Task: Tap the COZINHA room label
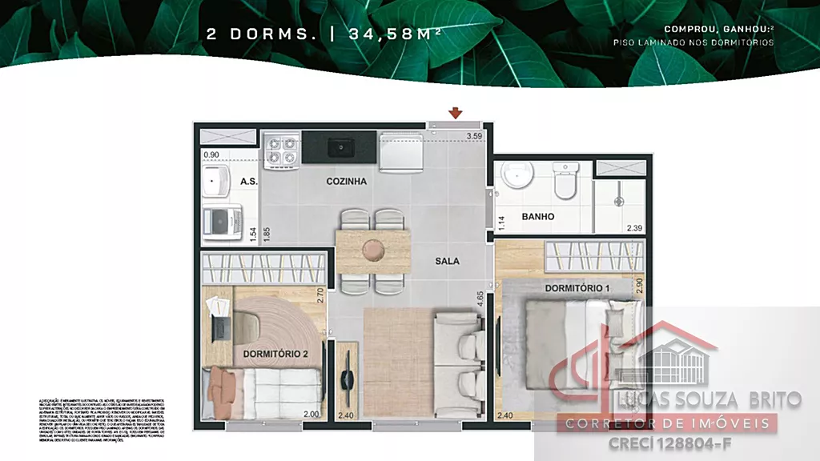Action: tap(347, 182)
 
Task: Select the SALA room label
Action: tap(448, 261)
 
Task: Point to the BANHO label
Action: tap(538, 217)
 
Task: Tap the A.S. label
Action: tap(248, 182)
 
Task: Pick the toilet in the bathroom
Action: tap(565, 180)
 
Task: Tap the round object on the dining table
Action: tap(372, 250)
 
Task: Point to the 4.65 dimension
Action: tap(479, 301)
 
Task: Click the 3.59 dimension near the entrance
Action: tap(475, 136)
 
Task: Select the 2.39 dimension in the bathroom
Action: tap(634, 228)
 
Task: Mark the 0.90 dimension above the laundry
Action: tap(211, 155)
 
